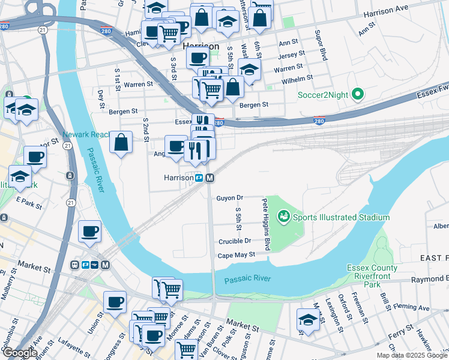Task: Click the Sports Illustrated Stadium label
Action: point(341,217)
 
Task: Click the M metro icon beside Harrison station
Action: point(210,178)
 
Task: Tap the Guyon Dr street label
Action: point(229,197)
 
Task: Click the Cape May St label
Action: point(237,254)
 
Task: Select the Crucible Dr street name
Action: point(234,241)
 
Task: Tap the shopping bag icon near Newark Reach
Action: point(121,143)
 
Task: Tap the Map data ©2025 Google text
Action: point(412,355)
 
